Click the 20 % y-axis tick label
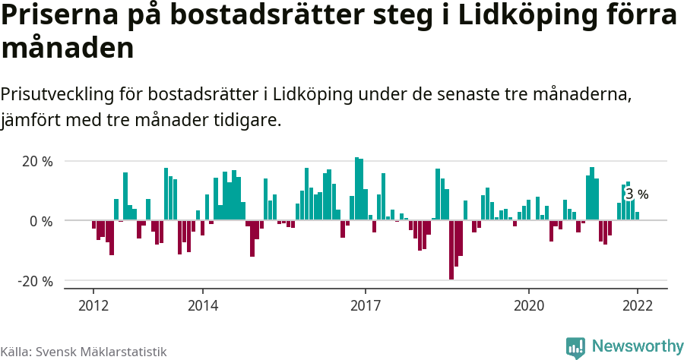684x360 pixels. pos(36,161)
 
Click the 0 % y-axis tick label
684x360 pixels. pos(41,221)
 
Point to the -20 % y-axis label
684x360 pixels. pos(35,281)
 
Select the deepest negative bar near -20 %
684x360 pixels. pos(451,250)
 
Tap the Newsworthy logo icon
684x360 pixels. pos(575,347)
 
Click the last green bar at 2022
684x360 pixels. pos(637,216)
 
